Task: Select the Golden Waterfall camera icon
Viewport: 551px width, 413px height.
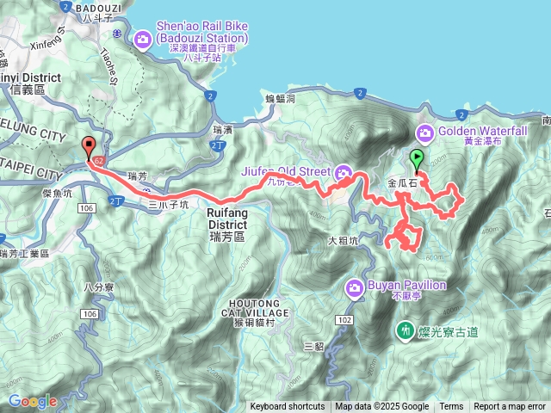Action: click(425, 133)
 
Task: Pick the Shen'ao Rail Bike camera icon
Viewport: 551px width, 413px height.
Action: click(142, 38)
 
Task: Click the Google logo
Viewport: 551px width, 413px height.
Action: click(33, 401)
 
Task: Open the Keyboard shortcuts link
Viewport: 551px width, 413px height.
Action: click(288, 407)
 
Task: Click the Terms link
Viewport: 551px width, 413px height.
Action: click(451, 407)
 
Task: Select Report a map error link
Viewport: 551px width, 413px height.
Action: click(510, 407)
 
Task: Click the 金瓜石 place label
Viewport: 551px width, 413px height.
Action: click(402, 183)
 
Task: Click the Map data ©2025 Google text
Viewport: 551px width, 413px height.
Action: click(381, 407)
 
